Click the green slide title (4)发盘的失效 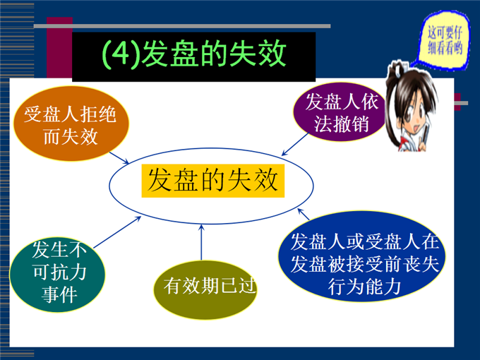pos(194,54)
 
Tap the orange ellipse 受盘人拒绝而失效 pos(71,124)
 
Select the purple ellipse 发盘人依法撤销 pos(340,112)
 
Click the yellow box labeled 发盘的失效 pos(213,181)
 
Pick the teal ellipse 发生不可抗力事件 pos(58,275)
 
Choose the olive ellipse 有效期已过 pos(205,289)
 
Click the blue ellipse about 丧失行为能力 pos(362,256)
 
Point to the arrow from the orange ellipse pos(119,158)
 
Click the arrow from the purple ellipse pos(295,145)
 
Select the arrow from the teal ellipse pos(117,232)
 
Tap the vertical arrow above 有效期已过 pos(201,242)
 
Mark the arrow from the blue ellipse pos(304,215)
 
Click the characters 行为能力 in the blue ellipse pos(364,287)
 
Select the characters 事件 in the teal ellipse pos(59,294)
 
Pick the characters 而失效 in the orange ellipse pos(71,136)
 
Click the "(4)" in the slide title pos(121,54)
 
